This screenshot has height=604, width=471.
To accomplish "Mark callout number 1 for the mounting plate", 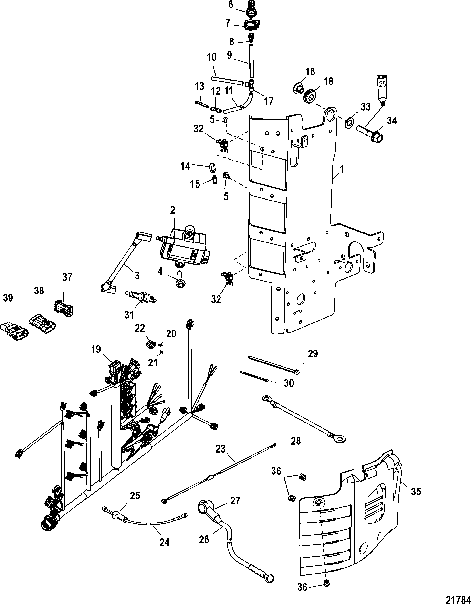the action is (x=342, y=169).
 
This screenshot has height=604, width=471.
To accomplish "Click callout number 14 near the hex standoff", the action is (x=185, y=166).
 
